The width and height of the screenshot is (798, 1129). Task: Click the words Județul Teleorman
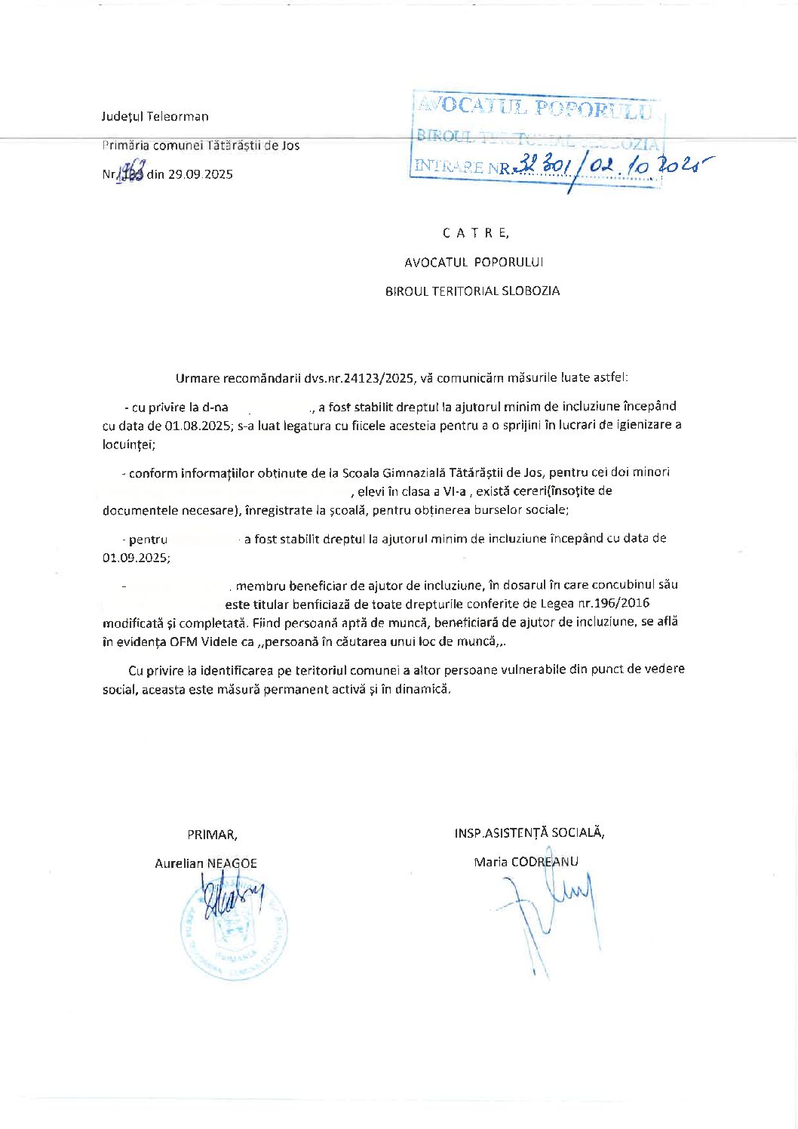(155, 116)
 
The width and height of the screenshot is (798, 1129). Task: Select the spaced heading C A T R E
(476, 233)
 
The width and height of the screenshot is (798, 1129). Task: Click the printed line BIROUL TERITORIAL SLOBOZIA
(472, 291)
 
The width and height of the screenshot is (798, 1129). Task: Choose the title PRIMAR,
(213, 835)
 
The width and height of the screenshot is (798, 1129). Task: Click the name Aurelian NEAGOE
(206, 863)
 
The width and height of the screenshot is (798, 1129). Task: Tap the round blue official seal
(234, 929)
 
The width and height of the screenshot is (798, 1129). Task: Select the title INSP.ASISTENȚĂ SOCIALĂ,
(529, 832)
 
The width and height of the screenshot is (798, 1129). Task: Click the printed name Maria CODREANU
(526, 862)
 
